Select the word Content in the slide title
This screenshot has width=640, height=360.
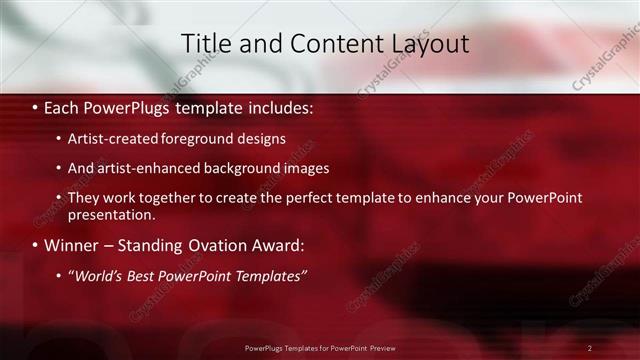[x=330, y=44]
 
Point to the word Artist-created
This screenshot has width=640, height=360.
[x=112, y=139]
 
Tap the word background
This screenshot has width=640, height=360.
[x=245, y=169]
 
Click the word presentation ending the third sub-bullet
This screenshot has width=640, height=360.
[x=112, y=214]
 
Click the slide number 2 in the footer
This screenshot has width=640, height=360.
[x=590, y=348]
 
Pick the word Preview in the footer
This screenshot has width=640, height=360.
[x=381, y=348]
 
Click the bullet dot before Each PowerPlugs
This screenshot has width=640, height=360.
[x=35, y=107]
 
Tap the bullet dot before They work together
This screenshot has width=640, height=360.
[x=59, y=199]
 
